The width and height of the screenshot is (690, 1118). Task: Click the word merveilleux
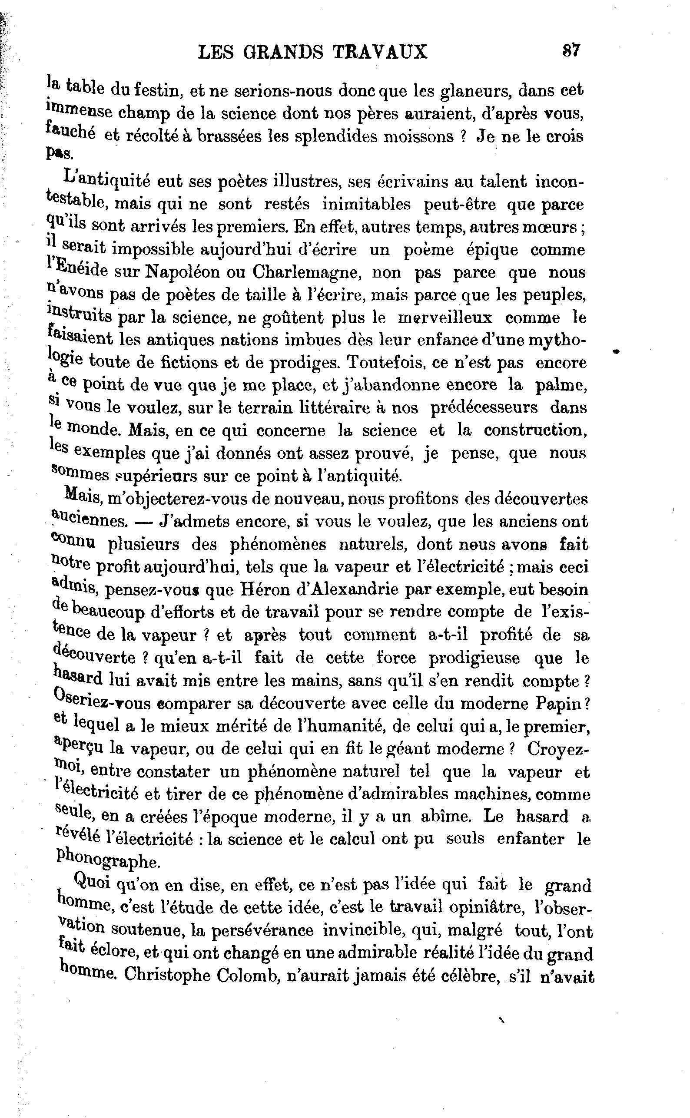445,318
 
